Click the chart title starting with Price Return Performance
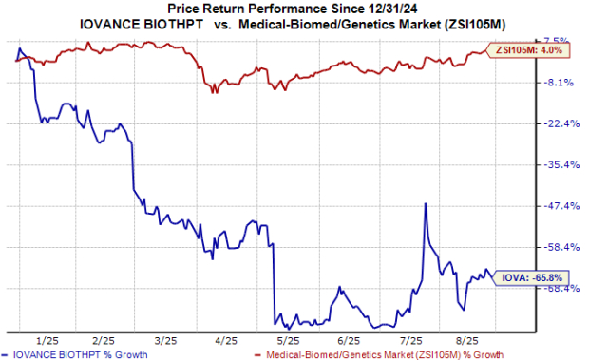(294, 9)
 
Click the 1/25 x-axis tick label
(45, 339)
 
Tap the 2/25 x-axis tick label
(105, 339)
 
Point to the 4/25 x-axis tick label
(226, 339)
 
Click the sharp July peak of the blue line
(425, 203)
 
